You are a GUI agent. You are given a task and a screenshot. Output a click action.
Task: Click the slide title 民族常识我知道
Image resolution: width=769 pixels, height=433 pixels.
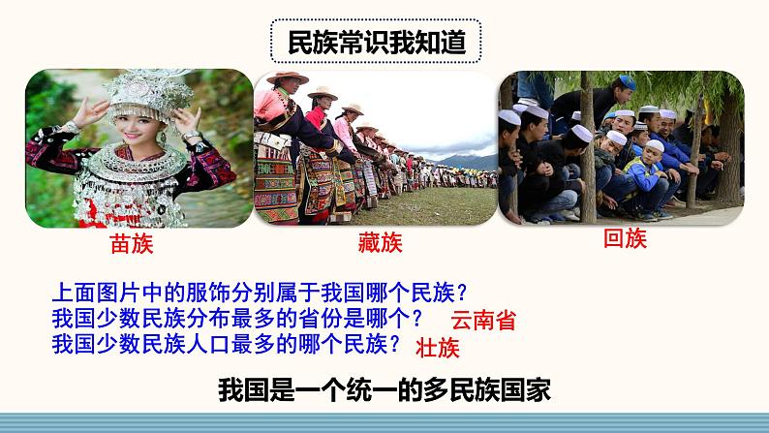[x=376, y=43]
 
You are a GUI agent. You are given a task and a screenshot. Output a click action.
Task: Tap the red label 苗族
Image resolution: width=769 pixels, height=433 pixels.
[x=132, y=244]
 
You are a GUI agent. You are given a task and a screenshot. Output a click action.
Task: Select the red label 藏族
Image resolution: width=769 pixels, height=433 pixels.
[x=380, y=243]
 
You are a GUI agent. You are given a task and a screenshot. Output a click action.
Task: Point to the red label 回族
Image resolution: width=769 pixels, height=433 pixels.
[x=625, y=238]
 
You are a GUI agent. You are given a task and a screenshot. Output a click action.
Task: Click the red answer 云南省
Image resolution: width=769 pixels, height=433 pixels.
[x=483, y=321]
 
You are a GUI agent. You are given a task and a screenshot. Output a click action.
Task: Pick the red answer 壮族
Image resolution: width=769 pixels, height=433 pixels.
[x=438, y=348]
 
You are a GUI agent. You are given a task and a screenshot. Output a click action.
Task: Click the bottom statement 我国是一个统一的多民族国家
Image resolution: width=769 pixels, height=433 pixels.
[x=384, y=390]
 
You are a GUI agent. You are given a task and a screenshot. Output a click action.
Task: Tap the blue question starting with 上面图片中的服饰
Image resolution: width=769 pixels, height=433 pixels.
[x=260, y=293]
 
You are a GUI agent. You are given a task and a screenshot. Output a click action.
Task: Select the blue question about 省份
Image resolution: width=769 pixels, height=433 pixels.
[x=237, y=319]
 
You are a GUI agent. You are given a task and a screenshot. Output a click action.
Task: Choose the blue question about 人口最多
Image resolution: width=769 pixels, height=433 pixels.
[x=227, y=344]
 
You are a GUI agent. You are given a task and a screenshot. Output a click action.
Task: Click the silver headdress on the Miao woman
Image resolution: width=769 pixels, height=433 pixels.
[x=147, y=93]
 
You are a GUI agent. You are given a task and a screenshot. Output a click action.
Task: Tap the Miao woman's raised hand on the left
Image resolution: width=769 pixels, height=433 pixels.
[x=90, y=111]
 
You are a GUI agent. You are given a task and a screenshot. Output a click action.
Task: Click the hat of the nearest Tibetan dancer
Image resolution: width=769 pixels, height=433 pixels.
[x=287, y=77]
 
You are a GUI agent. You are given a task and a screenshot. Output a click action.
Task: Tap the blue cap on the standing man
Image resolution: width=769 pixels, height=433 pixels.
[x=628, y=82]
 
